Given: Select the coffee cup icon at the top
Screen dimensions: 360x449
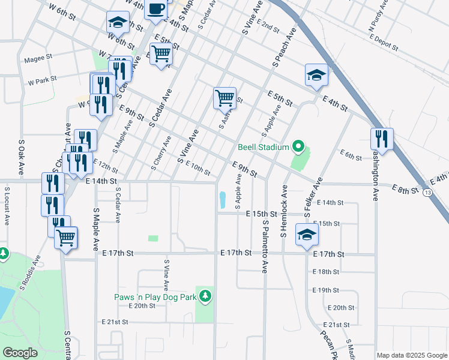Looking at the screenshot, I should tap(156, 10).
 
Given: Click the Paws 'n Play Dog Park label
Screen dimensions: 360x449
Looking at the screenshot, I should tap(156, 297).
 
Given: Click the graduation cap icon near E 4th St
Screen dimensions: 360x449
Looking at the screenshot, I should tap(316, 75).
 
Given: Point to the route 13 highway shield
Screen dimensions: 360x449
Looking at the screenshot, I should tap(427, 193).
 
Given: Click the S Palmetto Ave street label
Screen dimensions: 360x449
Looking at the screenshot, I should tap(264, 246).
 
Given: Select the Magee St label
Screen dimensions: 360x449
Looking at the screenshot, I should tap(38, 60).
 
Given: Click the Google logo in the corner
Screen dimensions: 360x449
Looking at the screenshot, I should tap(20, 353).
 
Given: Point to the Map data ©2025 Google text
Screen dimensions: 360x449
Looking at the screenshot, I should tap(412, 355).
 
